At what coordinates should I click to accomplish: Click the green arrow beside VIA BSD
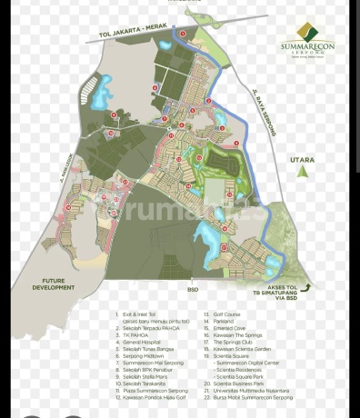click(308, 287)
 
